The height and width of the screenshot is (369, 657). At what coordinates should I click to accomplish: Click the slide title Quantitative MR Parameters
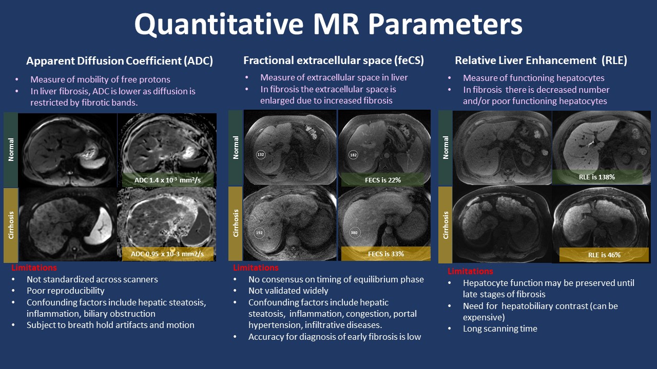click(328, 25)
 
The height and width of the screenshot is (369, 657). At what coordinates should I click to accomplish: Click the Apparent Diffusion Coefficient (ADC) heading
click(120, 61)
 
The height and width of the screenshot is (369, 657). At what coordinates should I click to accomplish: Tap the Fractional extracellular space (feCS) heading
click(334, 60)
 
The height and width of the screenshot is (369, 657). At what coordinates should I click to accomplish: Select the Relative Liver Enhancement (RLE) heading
click(541, 60)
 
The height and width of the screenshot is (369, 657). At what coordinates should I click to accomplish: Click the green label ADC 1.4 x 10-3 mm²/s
click(167, 180)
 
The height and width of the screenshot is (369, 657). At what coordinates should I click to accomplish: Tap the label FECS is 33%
click(386, 254)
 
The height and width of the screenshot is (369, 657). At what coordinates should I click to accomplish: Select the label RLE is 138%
click(597, 177)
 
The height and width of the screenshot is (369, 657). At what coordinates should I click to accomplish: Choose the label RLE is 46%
click(604, 255)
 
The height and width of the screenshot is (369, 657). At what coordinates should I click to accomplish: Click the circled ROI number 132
click(261, 154)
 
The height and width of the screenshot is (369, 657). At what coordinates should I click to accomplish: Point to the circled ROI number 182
click(353, 154)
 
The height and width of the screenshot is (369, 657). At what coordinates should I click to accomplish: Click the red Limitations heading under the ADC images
click(34, 268)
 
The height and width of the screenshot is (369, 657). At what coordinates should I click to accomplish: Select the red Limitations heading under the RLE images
click(470, 272)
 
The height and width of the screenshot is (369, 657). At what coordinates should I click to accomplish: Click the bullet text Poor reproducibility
click(65, 291)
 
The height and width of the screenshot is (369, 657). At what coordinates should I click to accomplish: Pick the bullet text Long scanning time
click(500, 329)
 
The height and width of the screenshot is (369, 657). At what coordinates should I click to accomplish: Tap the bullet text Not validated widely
click(287, 291)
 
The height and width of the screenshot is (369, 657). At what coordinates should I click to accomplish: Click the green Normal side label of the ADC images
click(11, 149)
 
